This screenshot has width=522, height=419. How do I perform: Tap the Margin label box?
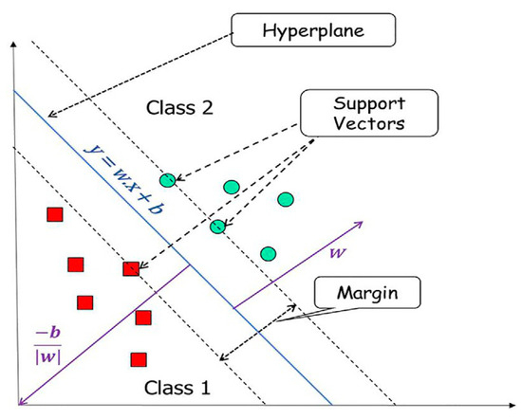pos(367,293)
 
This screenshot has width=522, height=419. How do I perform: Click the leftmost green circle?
pos(168,179)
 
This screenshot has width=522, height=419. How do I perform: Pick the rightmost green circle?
pos(286,199)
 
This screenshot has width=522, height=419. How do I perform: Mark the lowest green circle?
pos(269,253)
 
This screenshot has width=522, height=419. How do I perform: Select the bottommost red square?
pos(139,359)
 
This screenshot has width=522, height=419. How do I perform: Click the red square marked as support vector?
pos(132,268)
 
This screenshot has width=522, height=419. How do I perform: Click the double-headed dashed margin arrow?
pos(257,332)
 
